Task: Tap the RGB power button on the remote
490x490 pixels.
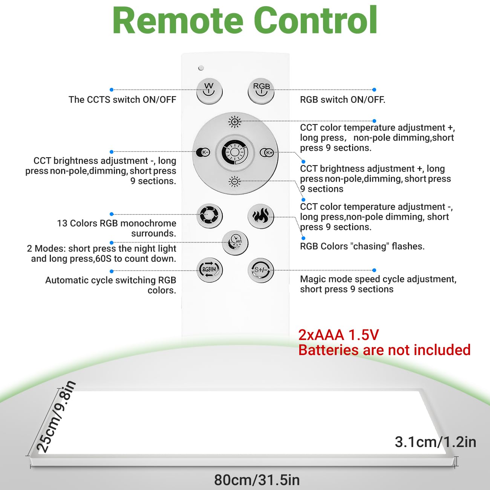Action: (x=261, y=90)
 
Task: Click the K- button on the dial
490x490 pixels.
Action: (x=204, y=152)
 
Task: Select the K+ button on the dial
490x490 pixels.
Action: (x=267, y=152)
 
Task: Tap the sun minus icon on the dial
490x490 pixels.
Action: (x=235, y=182)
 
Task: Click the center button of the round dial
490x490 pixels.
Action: (x=235, y=152)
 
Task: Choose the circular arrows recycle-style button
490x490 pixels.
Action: (x=209, y=216)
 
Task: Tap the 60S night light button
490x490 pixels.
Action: (x=235, y=243)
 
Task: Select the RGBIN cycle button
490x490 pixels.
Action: (x=210, y=269)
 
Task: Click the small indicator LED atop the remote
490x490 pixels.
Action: (x=201, y=68)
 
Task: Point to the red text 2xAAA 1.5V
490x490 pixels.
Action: (x=338, y=335)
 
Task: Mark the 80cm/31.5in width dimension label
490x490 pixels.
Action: (x=257, y=480)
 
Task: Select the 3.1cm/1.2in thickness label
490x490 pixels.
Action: (x=435, y=442)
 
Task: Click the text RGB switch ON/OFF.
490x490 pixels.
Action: (x=342, y=100)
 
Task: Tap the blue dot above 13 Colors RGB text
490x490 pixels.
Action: (x=112, y=214)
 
